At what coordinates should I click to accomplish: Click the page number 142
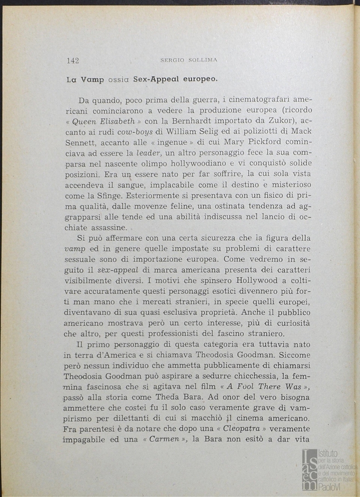[73, 60]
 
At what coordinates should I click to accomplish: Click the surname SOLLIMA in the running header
[205, 60]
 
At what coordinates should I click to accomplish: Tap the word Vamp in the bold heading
[92, 79]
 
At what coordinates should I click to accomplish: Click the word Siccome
[294, 355]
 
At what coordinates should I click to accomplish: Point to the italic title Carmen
[164, 440]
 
